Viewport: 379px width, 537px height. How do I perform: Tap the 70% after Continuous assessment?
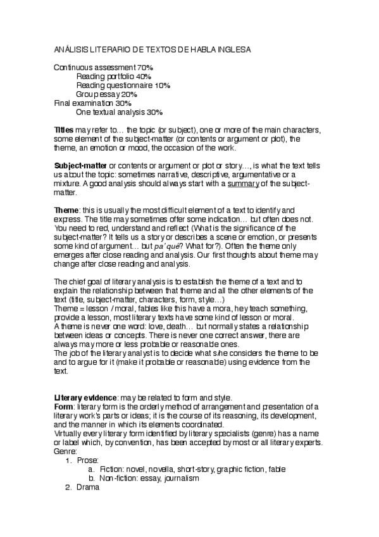145,67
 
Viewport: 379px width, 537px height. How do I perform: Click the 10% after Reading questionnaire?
162,85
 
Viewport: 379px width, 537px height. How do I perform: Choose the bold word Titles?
65,130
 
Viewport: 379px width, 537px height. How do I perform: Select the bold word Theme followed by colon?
66,210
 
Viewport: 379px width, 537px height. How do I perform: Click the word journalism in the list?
180,479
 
